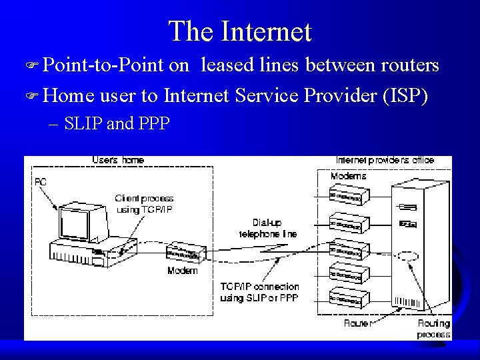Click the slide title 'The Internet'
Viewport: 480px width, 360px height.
[239, 31]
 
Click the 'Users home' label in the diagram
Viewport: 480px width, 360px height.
[118, 161]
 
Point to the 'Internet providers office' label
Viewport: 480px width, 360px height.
[385, 161]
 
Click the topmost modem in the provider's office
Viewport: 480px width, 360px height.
[346, 196]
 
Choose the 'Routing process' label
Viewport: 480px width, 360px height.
[433, 329]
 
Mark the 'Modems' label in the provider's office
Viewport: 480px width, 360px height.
[348, 177]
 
